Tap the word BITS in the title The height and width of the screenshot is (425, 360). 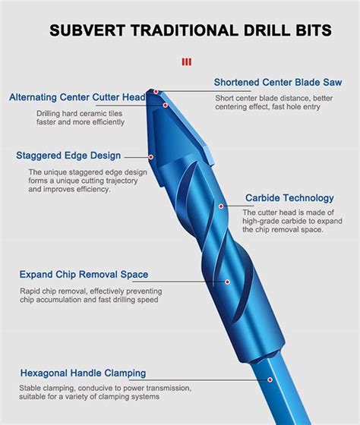308,30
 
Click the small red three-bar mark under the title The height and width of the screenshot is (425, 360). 187,61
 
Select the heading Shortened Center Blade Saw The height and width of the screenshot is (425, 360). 277,81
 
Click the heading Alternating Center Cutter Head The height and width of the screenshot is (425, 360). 77,97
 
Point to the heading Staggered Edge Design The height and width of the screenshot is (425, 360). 68,156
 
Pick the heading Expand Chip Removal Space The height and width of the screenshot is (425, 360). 84,274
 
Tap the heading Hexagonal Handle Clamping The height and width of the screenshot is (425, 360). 83,373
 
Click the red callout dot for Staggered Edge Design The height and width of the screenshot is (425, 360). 152,157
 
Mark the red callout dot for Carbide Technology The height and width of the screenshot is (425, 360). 221,205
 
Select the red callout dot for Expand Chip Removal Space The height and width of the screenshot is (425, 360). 227,282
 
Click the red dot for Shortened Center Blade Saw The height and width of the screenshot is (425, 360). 156,92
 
